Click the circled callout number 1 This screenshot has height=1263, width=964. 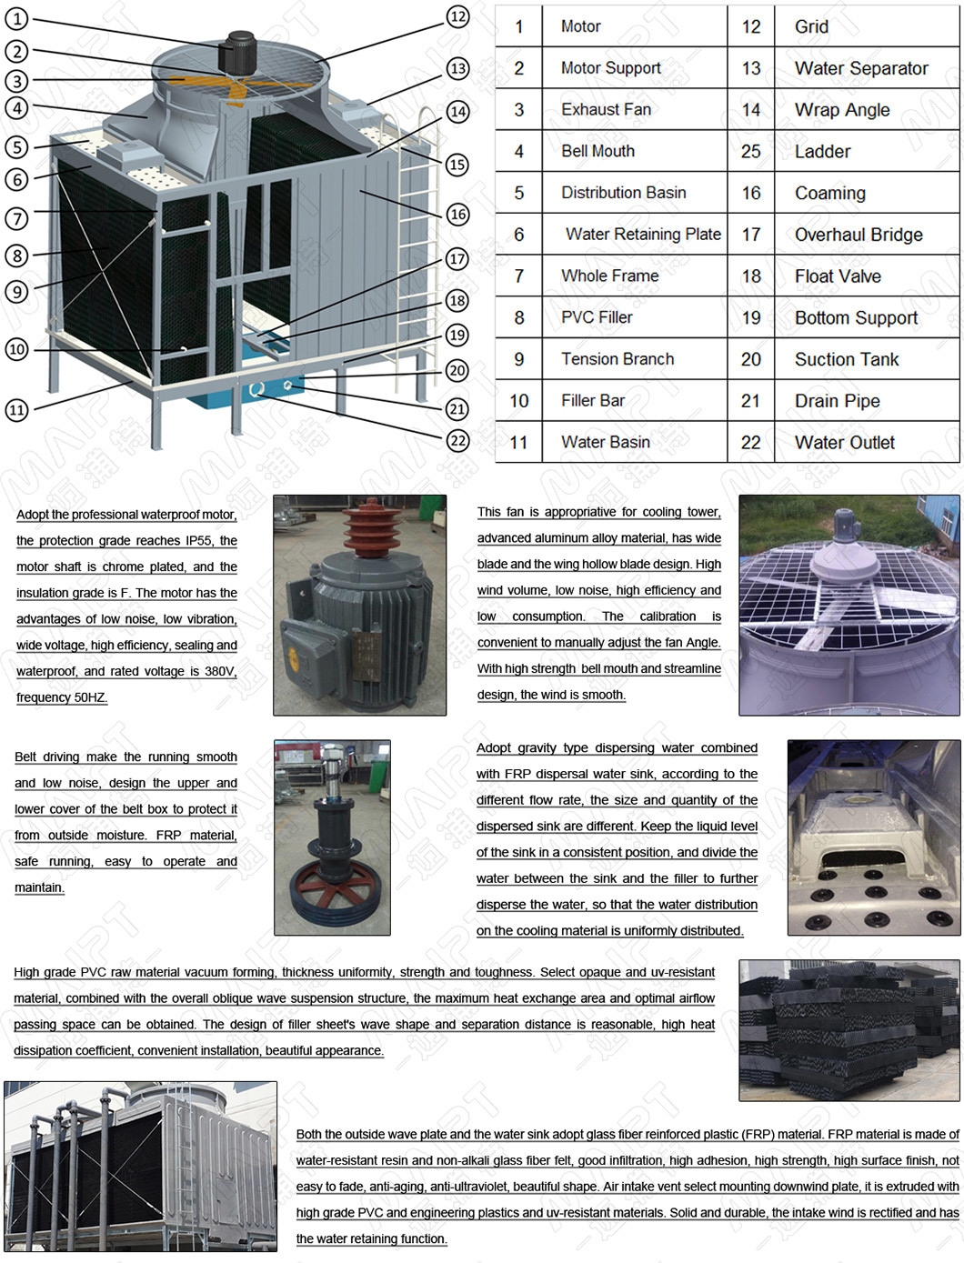(x=17, y=18)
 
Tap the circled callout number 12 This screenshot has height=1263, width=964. (x=457, y=16)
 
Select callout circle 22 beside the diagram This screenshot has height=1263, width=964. (x=457, y=441)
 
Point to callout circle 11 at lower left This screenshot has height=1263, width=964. (x=17, y=409)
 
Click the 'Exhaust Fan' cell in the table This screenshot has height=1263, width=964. (x=606, y=109)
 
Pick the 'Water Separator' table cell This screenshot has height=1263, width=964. (x=860, y=68)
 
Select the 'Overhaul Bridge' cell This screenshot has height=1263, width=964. (x=858, y=235)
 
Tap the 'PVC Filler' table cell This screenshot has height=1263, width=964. (x=597, y=317)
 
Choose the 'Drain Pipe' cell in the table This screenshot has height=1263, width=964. (x=837, y=401)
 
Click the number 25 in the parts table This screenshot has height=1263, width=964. (x=750, y=151)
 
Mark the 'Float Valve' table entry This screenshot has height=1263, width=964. (x=837, y=276)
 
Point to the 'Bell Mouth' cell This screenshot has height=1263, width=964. (x=597, y=151)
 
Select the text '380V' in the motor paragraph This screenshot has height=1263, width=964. (x=219, y=671)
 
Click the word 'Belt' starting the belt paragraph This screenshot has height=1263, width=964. (x=25, y=757)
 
